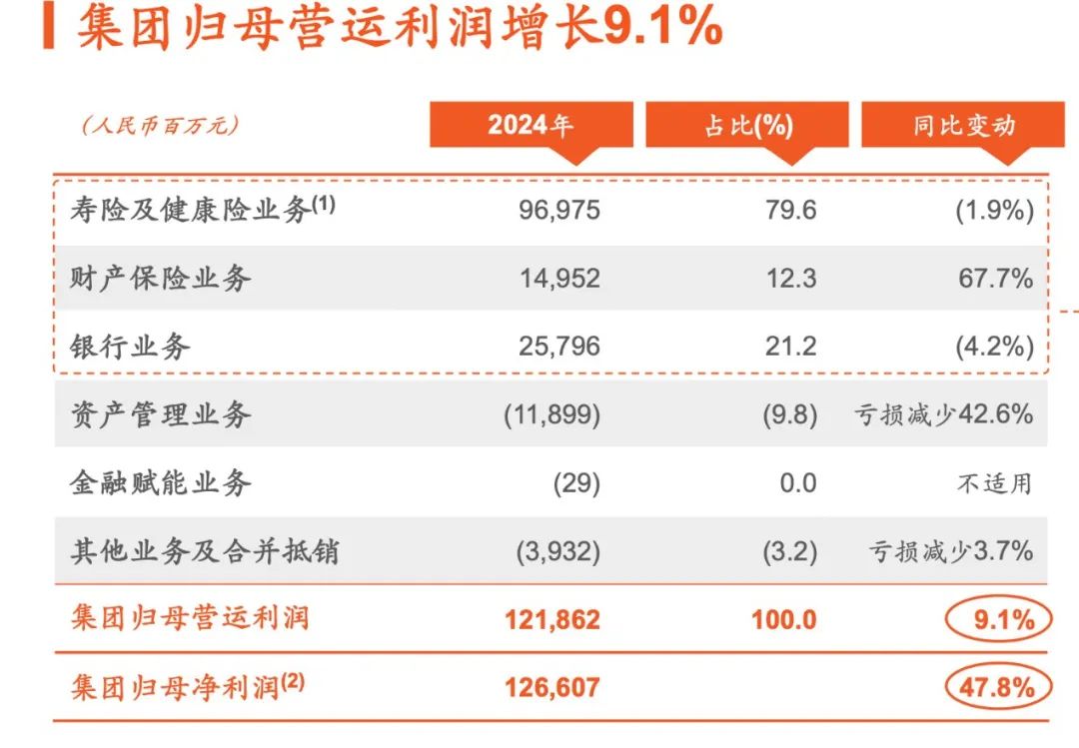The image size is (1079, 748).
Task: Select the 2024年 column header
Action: [531, 126]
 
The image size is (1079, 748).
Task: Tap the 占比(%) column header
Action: [747, 126]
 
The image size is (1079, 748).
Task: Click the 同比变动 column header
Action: [963, 126]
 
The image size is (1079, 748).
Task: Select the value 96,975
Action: [559, 212]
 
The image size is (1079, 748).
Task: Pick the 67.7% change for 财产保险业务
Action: [995, 279]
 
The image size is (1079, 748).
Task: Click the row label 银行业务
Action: [131, 347]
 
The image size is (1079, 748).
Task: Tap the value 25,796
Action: [559, 347]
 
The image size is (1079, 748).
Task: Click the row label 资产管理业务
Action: [161, 414]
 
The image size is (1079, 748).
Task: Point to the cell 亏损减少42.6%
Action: [943, 414]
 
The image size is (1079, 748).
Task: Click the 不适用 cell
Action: [994, 483]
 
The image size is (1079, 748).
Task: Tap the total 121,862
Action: [553, 619]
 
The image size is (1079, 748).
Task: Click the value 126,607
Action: [553, 688]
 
